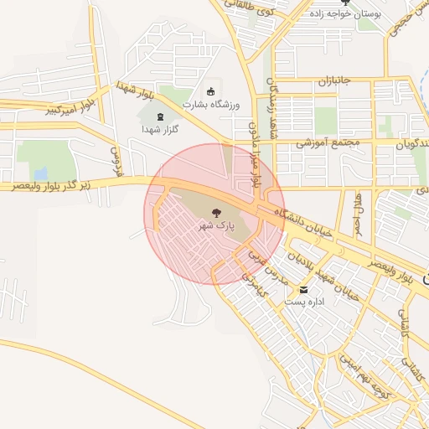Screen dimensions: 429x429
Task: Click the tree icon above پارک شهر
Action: coord(215,213)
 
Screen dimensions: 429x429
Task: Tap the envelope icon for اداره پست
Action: coord(292,288)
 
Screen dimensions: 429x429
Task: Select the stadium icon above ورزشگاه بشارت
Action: coord(210,91)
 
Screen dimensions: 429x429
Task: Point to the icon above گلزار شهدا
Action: coord(161,117)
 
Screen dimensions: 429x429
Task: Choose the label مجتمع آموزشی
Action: coord(328,142)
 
